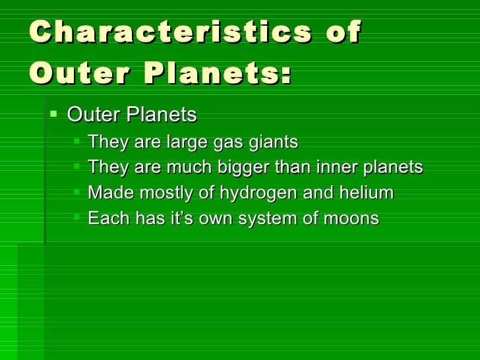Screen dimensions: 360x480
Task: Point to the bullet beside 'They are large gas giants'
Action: click(x=78, y=142)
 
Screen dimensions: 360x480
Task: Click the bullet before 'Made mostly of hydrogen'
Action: click(x=78, y=193)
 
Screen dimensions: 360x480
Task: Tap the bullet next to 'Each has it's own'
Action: click(x=78, y=218)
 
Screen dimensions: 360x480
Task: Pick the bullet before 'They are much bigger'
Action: click(x=78, y=167)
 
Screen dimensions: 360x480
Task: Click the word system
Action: click(x=264, y=219)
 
